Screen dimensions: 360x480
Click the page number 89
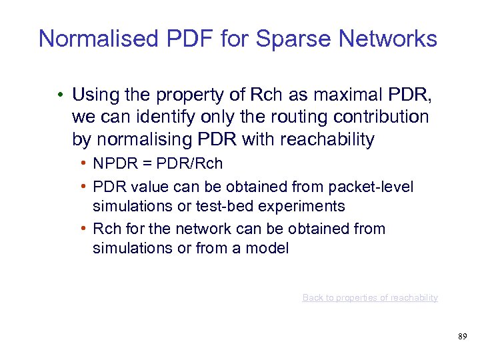[463, 337]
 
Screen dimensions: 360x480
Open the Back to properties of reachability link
[370, 297]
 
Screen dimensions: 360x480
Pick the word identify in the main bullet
[149, 117]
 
